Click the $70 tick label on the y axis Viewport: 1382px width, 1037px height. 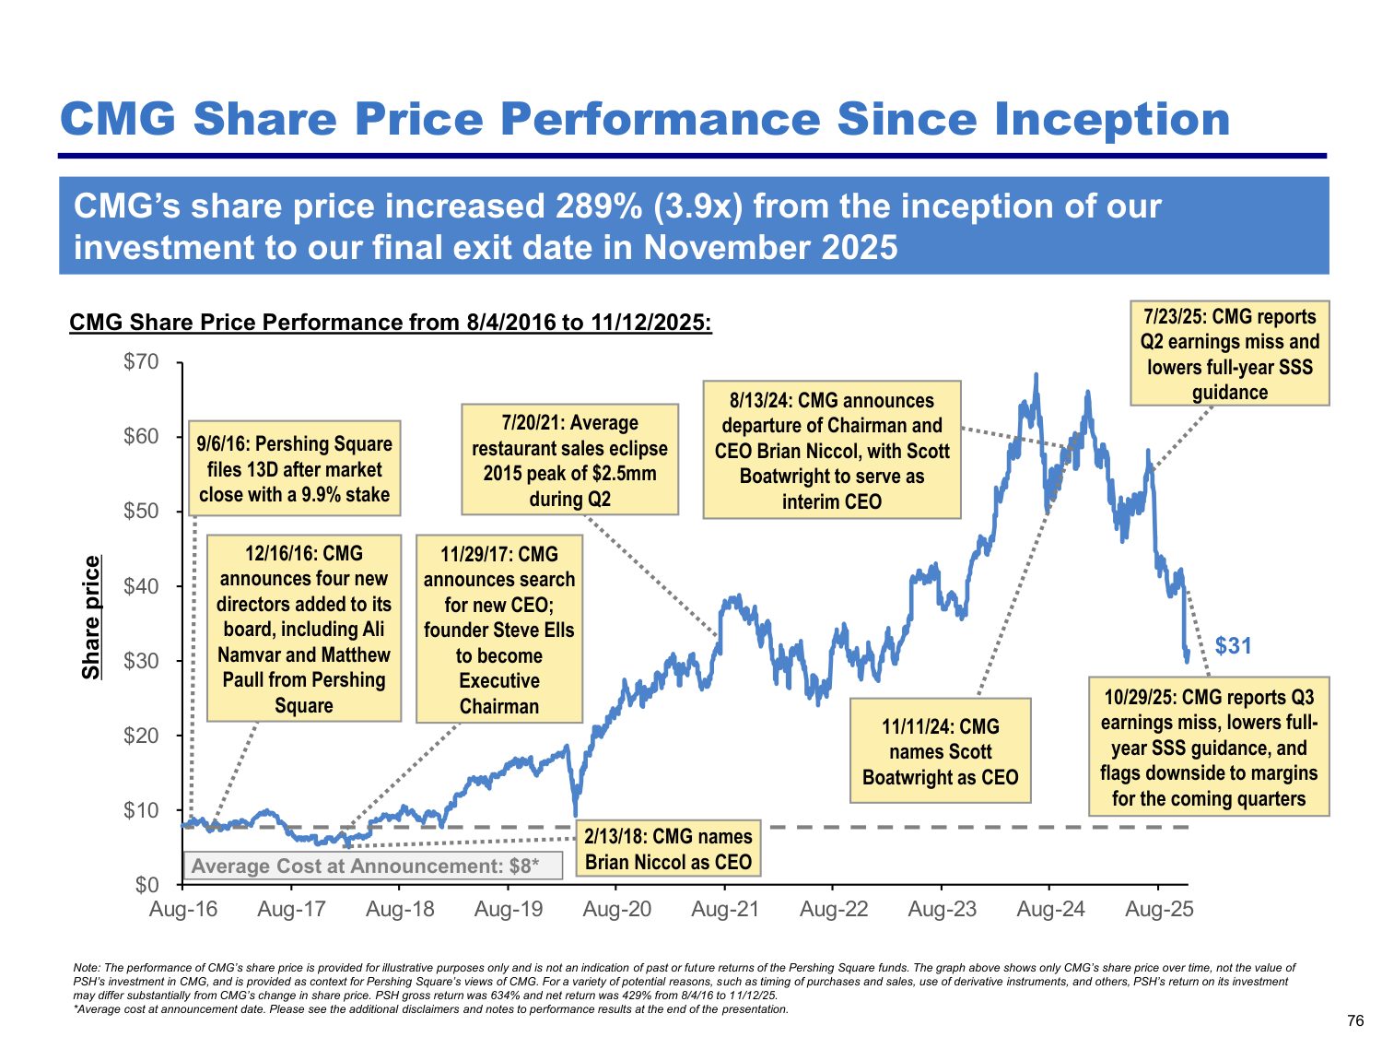pos(141,361)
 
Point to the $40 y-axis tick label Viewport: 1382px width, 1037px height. pos(141,586)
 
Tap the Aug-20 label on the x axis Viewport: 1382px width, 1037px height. pos(616,909)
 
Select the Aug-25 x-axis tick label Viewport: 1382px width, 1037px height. pos(1159,909)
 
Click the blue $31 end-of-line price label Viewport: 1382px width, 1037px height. pos(1234,646)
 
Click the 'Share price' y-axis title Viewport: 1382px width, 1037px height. pos(91,618)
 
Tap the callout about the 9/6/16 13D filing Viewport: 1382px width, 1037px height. pos(294,469)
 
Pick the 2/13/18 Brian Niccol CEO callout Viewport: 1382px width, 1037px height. pos(668,849)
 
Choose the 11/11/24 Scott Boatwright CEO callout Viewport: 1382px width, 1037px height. pos(940,751)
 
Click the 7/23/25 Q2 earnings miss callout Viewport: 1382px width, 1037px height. pos(1229,354)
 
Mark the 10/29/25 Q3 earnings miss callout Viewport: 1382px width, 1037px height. pos(1209,748)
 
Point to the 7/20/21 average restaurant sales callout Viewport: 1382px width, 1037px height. pos(569,460)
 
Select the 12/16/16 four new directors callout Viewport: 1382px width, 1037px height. pos(304,629)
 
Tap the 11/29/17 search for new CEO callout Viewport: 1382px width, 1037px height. pos(499,630)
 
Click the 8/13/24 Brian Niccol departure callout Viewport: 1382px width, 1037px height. pos(832,451)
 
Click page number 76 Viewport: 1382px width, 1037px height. pos(1354,1020)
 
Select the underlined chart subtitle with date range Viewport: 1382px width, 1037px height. pos(391,323)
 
